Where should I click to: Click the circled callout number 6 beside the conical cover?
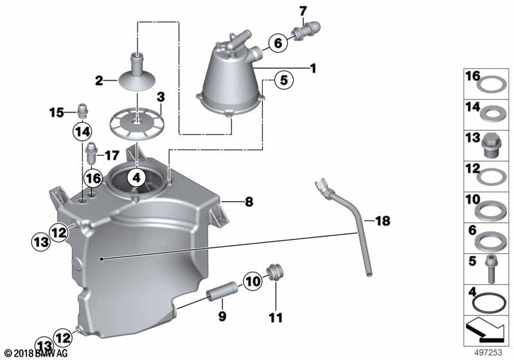click(278, 42)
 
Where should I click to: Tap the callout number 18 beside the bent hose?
click(382, 221)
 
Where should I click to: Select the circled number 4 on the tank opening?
click(136, 177)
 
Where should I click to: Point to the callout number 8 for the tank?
click(249, 201)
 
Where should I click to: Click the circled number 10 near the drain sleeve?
click(253, 282)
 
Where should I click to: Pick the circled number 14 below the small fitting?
click(82, 132)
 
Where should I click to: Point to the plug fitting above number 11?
click(276, 272)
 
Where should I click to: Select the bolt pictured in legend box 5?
click(490, 269)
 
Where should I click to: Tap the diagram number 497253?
click(488, 352)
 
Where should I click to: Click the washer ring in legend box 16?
click(491, 84)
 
